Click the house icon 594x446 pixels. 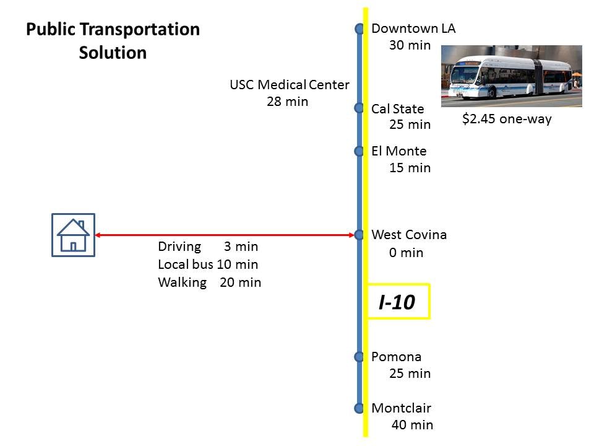pyautogui.click(x=73, y=235)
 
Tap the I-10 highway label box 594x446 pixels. pyautogui.click(x=398, y=302)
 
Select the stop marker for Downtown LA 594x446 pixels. pyautogui.click(x=359, y=28)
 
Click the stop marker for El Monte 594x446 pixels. pyautogui.click(x=359, y=151)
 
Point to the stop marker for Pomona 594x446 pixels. pyautogui.click(x=359, y=357)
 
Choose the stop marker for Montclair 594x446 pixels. pyautogui.click(x=359, y=408)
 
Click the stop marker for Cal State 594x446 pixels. pyautogui.click(x=359, y=108)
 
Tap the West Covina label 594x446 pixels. pyautogui.click(x=409, y=235)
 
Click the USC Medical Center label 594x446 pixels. pyautogui.click(x=290, y=85)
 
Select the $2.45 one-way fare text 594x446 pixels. pyautogui.click(x=507, y=119)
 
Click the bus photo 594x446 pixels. pyautogui.click(x=512, y=76)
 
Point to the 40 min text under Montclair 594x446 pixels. pyautogui.click(x=412, y=425)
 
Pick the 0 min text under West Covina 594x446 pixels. pyautogui.click(x=406, y=253)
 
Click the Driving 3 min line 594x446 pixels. pyautogui.click(x=208, y=247)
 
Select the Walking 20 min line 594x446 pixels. pyautogui.click(x=210, y=282)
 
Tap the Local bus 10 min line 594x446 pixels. pyautogui.click(x=208, y=265)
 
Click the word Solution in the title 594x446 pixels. pyautogui.click(x=113, y=53)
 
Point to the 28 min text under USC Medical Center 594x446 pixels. pyautogui.click(x=287, y=102)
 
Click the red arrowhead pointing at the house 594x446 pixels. pyautogui.click(x=97, y=235)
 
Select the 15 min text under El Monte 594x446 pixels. pyautogui.click(x=410, y=168)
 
